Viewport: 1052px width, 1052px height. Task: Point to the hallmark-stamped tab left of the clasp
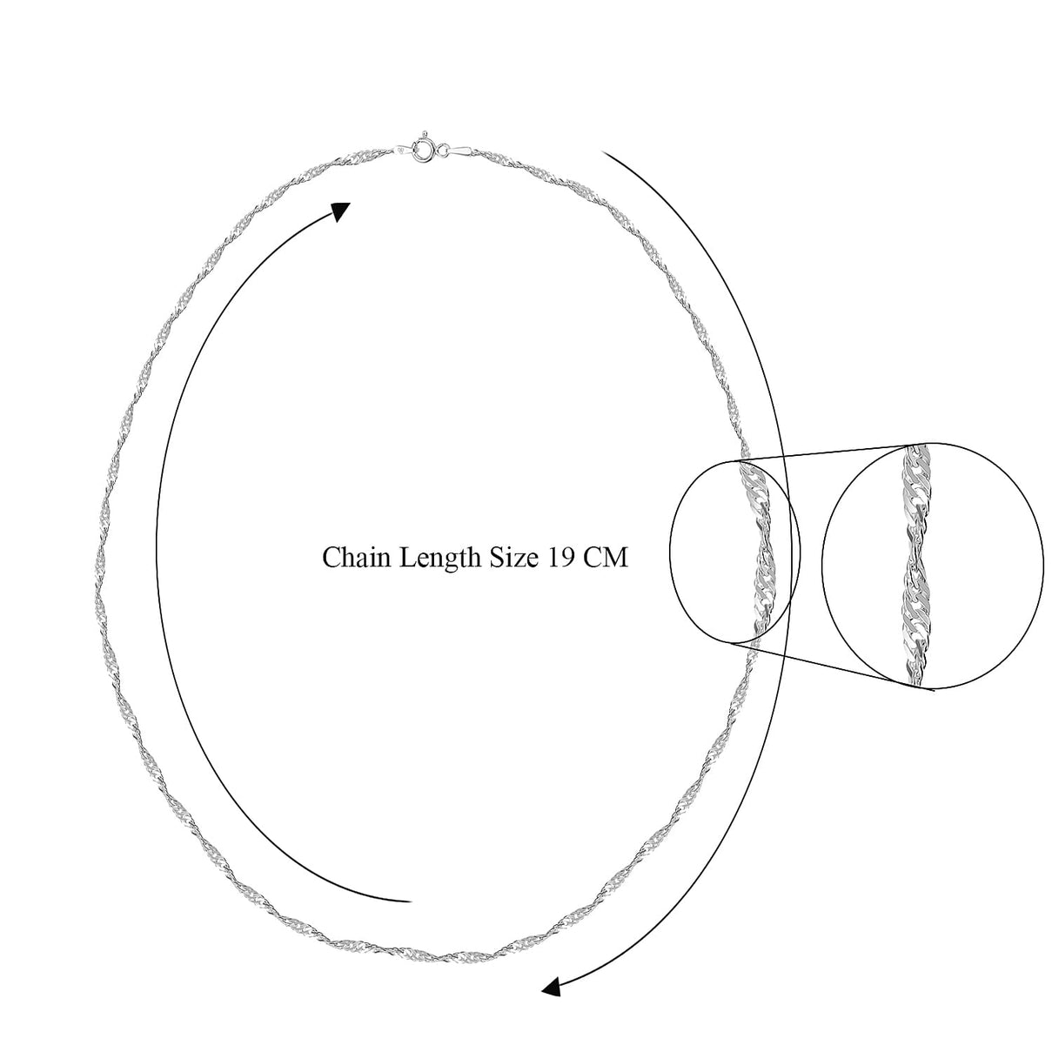click(403, 149)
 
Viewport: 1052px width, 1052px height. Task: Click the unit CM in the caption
click(606, 558)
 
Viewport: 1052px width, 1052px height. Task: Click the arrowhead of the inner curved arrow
click(339, 211)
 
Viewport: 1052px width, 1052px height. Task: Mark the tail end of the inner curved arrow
click(410, 901)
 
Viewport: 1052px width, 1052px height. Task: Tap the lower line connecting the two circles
click(834, 667)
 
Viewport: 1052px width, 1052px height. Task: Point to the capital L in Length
click(407, 558)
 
